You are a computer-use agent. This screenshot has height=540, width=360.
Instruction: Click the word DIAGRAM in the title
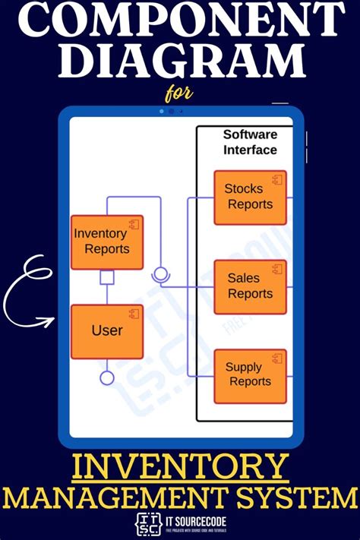tap(180, 60)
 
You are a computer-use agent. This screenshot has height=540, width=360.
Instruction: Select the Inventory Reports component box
tap(107, 242)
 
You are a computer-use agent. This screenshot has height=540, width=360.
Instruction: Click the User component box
tap(107, 331)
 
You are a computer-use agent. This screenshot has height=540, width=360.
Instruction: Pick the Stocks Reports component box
tap(250, 197)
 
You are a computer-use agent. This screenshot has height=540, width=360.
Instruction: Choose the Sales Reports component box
tap(250, 286)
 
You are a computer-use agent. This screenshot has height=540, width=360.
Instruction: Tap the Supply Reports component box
tap(250, 376)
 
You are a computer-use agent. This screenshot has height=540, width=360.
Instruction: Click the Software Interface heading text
tap(250, 142)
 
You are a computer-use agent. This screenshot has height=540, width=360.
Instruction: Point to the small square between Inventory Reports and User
tap(107, 278)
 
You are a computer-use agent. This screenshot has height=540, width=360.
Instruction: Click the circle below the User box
tap(107, 377)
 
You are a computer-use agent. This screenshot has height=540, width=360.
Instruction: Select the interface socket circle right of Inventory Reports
tap(160, 274)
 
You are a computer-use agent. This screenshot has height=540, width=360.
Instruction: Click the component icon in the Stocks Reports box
tap(277, 180)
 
